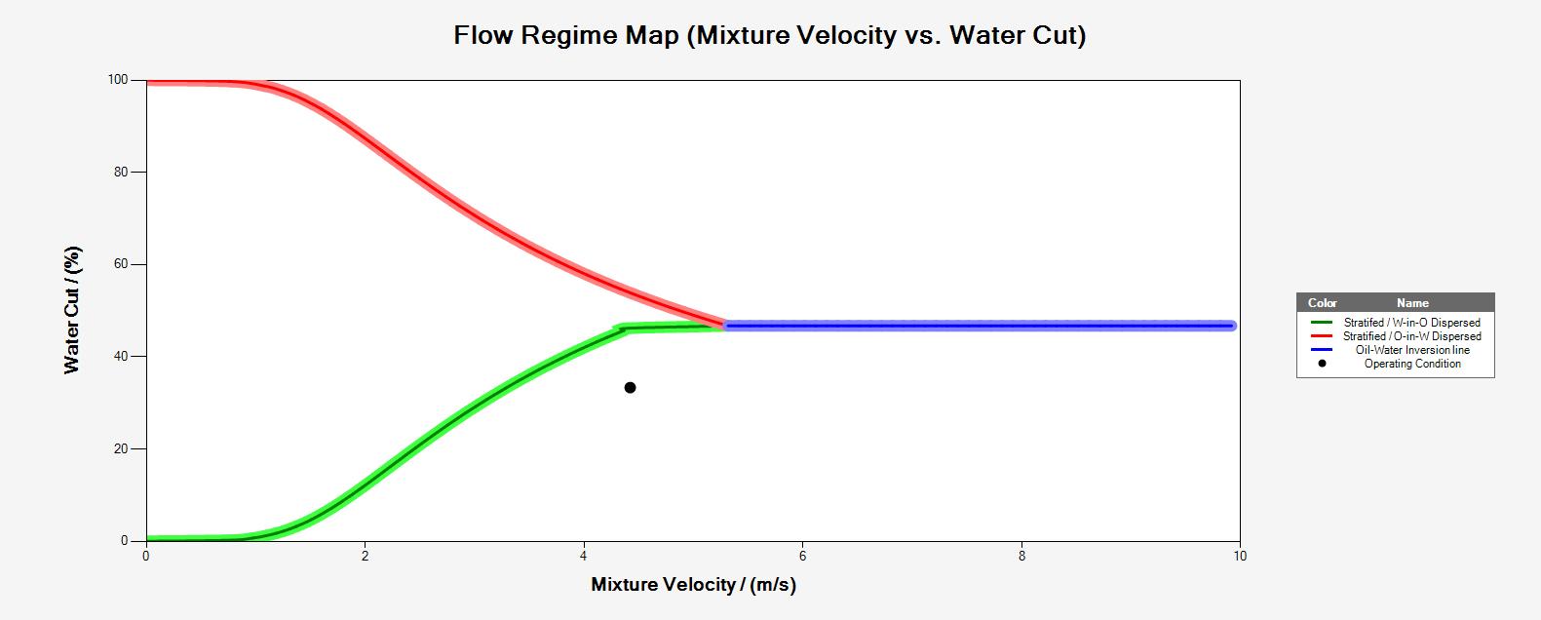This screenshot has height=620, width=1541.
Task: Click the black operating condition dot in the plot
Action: [x=630, y=388]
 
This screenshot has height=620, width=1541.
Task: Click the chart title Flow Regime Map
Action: [x=769, y=36]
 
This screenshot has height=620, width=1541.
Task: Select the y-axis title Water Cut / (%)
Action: [x=73, y=310]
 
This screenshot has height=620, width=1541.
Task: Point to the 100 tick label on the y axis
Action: [x=118, y=80]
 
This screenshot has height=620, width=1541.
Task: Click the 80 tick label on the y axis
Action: [x=122, y=173]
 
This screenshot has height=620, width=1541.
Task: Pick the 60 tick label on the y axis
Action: [x=122, y=264]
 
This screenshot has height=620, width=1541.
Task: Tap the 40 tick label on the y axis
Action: [x=122, y=357]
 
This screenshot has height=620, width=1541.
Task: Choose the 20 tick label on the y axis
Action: [x=122, y=449]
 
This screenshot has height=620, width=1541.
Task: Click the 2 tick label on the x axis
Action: [x=365, y=557]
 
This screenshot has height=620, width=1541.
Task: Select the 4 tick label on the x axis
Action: [x=584, y=557]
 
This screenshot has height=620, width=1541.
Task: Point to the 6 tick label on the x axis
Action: [x=802, y=557]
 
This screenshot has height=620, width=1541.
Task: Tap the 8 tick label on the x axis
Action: [x=1021, y=557]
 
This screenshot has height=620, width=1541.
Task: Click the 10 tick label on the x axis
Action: [x=1239, y=557]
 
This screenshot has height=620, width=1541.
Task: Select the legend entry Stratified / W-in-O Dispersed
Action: [x=1411, y=323]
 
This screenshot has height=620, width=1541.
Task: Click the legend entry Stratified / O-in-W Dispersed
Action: [x=1411, y=336]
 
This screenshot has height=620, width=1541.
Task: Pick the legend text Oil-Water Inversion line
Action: [x=1411, y=350]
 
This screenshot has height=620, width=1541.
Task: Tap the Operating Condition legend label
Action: [x=1411, y=364]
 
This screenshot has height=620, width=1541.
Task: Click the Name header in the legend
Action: [x=1411, y=303]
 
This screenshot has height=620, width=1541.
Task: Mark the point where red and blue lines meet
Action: [x=724, y=325]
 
